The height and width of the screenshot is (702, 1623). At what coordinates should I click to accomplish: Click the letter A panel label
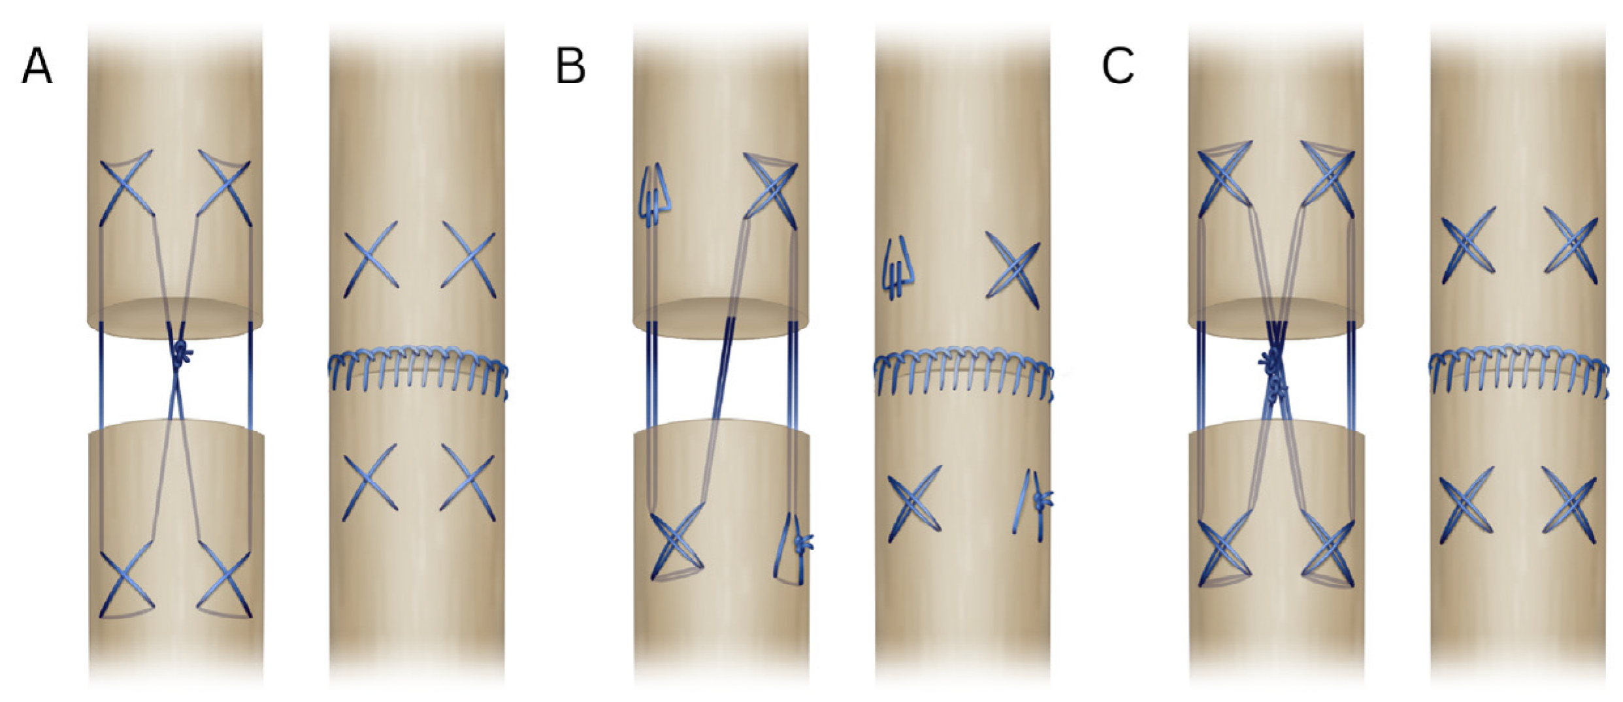point(37,67)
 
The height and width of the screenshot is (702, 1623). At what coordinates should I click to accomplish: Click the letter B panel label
point(570,67)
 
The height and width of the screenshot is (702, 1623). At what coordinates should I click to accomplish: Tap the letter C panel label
point(1117,67)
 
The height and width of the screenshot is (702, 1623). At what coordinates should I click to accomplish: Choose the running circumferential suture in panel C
point(1517,372)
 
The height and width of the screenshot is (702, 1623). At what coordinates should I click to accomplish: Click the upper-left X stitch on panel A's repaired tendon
point(370,255)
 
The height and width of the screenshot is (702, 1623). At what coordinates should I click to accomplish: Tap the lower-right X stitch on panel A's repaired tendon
point(467,478)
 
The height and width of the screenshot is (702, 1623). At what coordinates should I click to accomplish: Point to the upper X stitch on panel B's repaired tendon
point(1013,269)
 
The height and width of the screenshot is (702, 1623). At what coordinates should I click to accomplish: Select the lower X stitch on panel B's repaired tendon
point(915,503)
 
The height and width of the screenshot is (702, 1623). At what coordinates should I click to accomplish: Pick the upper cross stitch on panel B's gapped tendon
point(771,189)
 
